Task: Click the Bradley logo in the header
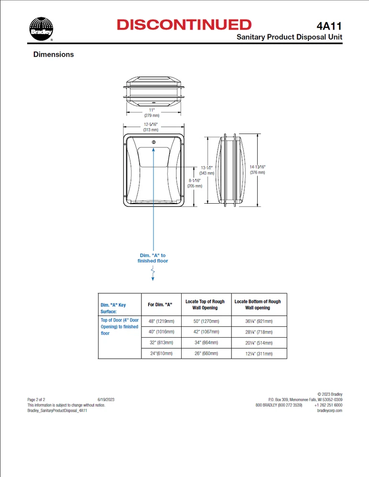(41, 29)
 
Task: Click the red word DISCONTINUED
(184, 25)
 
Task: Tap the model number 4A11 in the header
(329, 26)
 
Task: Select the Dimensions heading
(54, 54)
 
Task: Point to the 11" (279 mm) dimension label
(152, 113)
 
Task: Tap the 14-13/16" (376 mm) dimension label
(257, 169)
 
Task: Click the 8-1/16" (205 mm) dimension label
(195, 183)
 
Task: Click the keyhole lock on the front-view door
(153, 142)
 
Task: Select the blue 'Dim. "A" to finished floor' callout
(153, 258)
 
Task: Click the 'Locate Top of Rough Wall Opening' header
(205, 304)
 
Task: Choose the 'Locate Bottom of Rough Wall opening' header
(258, 304)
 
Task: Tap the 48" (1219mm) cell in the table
(161, 321)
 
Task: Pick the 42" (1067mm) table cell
(205, 332)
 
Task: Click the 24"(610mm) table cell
(161, 353)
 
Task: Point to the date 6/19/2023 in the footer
(106, 399)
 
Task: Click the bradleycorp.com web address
(330, 411)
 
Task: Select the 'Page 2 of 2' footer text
(36, 399)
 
